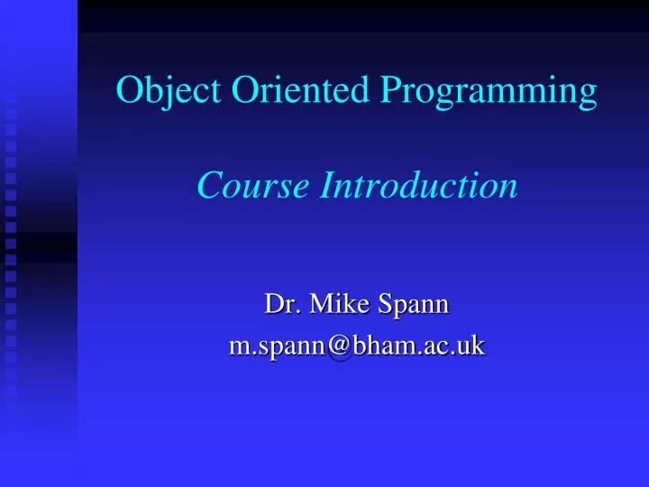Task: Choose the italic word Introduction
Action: pyautogui.click(x=420, y=186)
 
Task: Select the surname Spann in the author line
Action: pyautogui.click(x=414, y=306)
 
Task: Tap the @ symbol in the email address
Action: pyautogui.click(x=340, y=345)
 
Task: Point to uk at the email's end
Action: pyautogui.click(x=471, y=344)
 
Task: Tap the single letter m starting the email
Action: pyautogui.click(x=241, y=345)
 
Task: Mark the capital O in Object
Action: pyautogui.click(x=130, y=92)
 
